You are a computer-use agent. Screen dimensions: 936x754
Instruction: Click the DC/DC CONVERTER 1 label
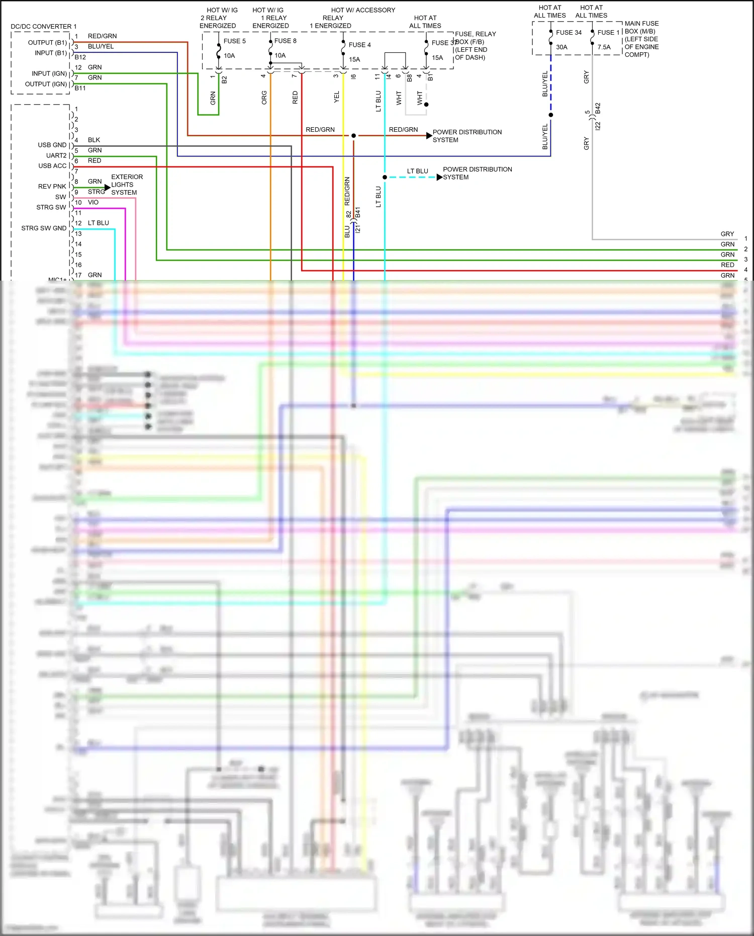[x=44, y=27]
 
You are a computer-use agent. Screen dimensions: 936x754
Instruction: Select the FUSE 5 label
[x=234, y=41]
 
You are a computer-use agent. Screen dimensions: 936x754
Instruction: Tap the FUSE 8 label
[x=285, y=41]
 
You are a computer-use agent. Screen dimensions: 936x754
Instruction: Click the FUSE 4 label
[x=359, y=45]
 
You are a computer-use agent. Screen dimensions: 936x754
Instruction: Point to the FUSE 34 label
[x=569, y=33]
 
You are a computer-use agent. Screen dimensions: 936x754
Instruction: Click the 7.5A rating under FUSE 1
[x=604, y=47]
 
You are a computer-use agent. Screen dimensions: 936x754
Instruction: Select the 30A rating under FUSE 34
[x=561, y=47]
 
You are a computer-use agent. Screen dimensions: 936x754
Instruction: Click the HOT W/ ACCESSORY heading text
[x=363, y=10]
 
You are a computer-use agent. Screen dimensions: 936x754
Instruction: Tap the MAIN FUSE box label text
[x=641, y=24]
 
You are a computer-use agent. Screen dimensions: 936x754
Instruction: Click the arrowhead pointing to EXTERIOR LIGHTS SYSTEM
[x=107, y=188]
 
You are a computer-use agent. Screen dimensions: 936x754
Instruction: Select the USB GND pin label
[x=52, y=145]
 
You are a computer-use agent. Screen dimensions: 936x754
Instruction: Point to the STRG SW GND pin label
[x=44, y=228]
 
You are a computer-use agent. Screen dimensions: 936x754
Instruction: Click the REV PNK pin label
[x=52, y=187]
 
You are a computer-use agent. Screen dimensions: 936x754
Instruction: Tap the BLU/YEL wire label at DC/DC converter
[x=101, y=46]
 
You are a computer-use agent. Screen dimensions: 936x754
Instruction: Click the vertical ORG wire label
[x=264, y=98]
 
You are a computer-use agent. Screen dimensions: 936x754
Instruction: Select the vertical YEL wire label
[x=337, y=97]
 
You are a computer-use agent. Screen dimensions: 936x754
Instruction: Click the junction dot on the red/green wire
[x=353, y=136]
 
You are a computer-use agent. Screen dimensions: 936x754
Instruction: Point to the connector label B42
[x=598, y=109]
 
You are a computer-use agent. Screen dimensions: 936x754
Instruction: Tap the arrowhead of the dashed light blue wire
[x=439, y=178]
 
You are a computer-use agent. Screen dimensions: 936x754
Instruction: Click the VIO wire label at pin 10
[x=93, y=203]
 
